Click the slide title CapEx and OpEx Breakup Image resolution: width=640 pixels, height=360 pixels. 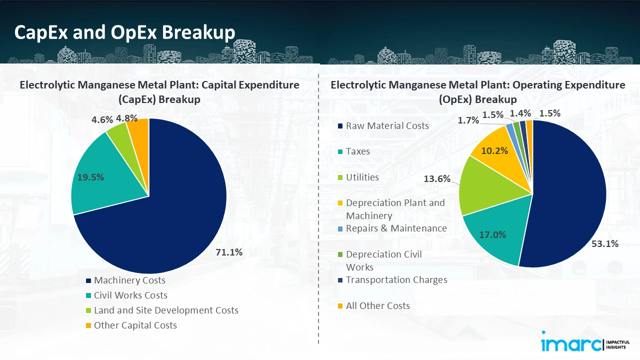coord(124,32)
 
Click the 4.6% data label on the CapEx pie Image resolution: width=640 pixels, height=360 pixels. coord(102,120)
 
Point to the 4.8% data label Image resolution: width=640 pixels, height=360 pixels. coord(126,118)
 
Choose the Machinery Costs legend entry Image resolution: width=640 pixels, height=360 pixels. coord(129,280)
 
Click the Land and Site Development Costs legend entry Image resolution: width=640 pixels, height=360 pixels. coord(166,310)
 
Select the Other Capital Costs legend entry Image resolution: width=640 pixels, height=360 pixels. coord(135,325)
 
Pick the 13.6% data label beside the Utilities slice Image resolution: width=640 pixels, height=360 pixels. coord(437,178)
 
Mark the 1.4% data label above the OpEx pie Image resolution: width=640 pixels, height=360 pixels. coord(520,113)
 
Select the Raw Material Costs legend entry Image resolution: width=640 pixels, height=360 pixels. coord(387,125)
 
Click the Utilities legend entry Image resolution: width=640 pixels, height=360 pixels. coord(362,177)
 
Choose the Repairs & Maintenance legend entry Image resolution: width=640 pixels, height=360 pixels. coord(396,228)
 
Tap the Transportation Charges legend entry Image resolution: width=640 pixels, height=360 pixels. coord(396,280)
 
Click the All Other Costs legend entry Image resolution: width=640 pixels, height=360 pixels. coord(377,306)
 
